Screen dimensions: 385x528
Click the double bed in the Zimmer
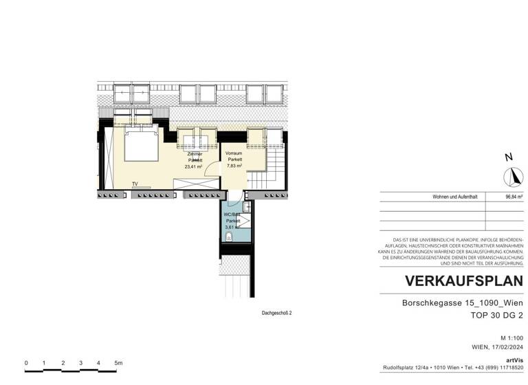142,144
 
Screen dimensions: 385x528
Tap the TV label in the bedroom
135,184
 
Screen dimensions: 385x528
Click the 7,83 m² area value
236,166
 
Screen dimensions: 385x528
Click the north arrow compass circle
512,178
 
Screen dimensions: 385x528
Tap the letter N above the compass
509,157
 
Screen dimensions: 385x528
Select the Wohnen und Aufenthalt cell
454,197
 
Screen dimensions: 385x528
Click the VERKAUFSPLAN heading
464,281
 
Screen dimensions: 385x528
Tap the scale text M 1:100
512,338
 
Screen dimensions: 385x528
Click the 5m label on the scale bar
118,362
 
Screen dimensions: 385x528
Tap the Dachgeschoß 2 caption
277,313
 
